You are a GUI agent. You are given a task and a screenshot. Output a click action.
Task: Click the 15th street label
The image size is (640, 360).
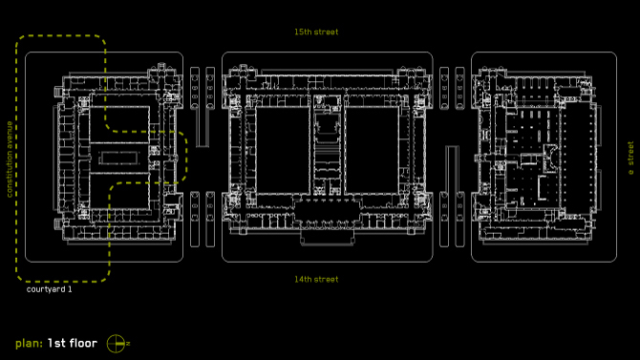(x=316, y=32)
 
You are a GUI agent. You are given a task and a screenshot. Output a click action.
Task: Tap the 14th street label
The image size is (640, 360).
(x=316, y=280)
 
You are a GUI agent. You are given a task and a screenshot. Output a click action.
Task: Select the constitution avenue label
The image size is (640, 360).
(x=10, y=159)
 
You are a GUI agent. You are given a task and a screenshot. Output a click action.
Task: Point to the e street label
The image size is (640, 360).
(x=630, y=158)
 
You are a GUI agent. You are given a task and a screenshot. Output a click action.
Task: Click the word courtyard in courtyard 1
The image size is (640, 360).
(x=46, y=289)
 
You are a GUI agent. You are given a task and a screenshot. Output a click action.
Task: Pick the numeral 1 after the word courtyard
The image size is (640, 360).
(x=70, y=289)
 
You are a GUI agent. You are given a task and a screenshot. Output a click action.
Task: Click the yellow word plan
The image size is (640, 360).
(x=29, y=343)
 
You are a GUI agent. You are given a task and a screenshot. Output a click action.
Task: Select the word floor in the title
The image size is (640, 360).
(x=83, y=343)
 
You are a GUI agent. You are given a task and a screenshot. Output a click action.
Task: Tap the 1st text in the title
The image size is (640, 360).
(x=56, y=343)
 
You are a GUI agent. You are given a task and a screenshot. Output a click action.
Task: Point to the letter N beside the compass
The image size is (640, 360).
(x=128, y=344)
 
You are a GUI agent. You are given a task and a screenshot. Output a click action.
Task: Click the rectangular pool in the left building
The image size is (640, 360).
(x=118, y=158)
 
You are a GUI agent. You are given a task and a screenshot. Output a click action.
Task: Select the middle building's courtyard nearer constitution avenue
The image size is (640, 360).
(x=282, y=150)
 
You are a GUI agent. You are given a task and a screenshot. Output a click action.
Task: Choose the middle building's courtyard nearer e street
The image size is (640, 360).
(x=372, y=150)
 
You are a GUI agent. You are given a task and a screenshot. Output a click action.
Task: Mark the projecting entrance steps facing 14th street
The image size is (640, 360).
(x=327, y=237)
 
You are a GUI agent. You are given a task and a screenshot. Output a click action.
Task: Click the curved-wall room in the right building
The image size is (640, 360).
(x=550, y=158)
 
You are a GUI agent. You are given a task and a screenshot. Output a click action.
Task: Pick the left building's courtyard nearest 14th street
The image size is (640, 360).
(x=119, y=191)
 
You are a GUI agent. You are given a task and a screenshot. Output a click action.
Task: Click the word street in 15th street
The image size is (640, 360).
(x=326, y=32)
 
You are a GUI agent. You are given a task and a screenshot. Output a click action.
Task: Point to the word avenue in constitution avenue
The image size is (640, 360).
(x=10, y=134)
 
